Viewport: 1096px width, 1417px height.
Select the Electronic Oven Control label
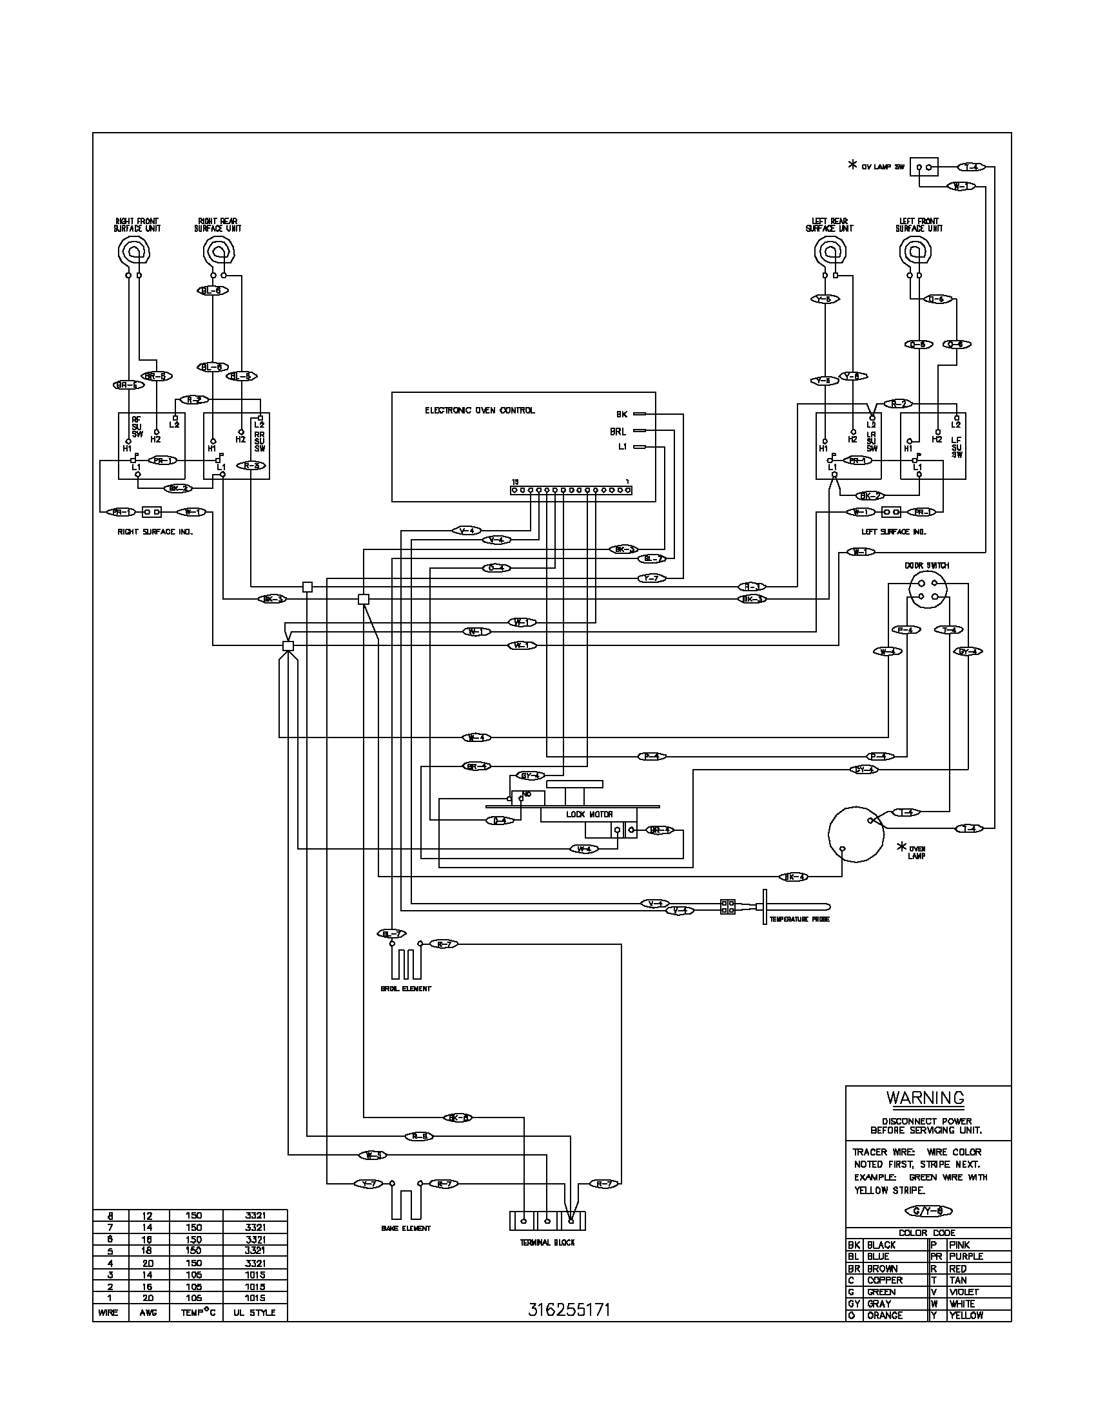480,410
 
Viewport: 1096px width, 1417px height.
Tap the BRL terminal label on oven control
618,432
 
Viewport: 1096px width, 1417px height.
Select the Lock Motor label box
589,814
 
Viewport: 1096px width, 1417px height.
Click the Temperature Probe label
799,919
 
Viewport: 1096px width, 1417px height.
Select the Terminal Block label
547,1242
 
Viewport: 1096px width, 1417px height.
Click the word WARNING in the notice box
925,1098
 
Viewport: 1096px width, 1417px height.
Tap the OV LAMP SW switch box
925,167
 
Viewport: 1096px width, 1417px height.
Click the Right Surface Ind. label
155,531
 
